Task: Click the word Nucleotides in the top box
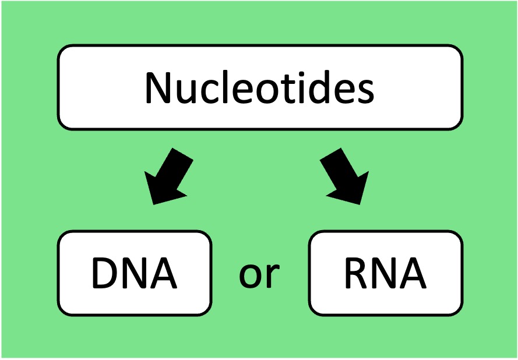click(x=259, y=87)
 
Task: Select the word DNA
click(x=134, y=273)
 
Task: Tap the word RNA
click(x=385, y=273)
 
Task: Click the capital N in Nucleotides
click(x=158, y=87)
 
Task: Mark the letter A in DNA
click(x=163, y=273)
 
